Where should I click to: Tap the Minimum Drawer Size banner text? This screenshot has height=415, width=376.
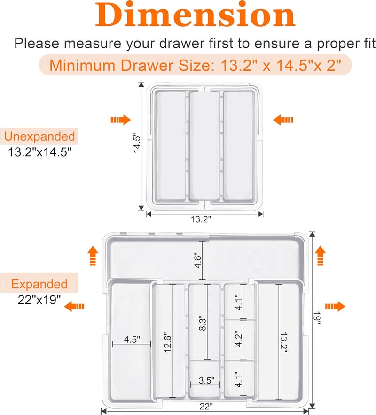coord(195,65)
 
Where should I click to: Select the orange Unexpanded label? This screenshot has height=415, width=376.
coord(39,136)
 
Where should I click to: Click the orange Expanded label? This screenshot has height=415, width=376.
coord(39,284)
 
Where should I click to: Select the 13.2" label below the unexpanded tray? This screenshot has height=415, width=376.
coord(201,219)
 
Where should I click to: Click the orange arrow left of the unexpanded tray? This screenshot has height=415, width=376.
coord(120,120)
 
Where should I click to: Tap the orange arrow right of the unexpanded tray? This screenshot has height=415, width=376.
coord(283,120)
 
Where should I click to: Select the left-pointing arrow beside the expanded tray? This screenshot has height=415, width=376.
coord(75,307)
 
